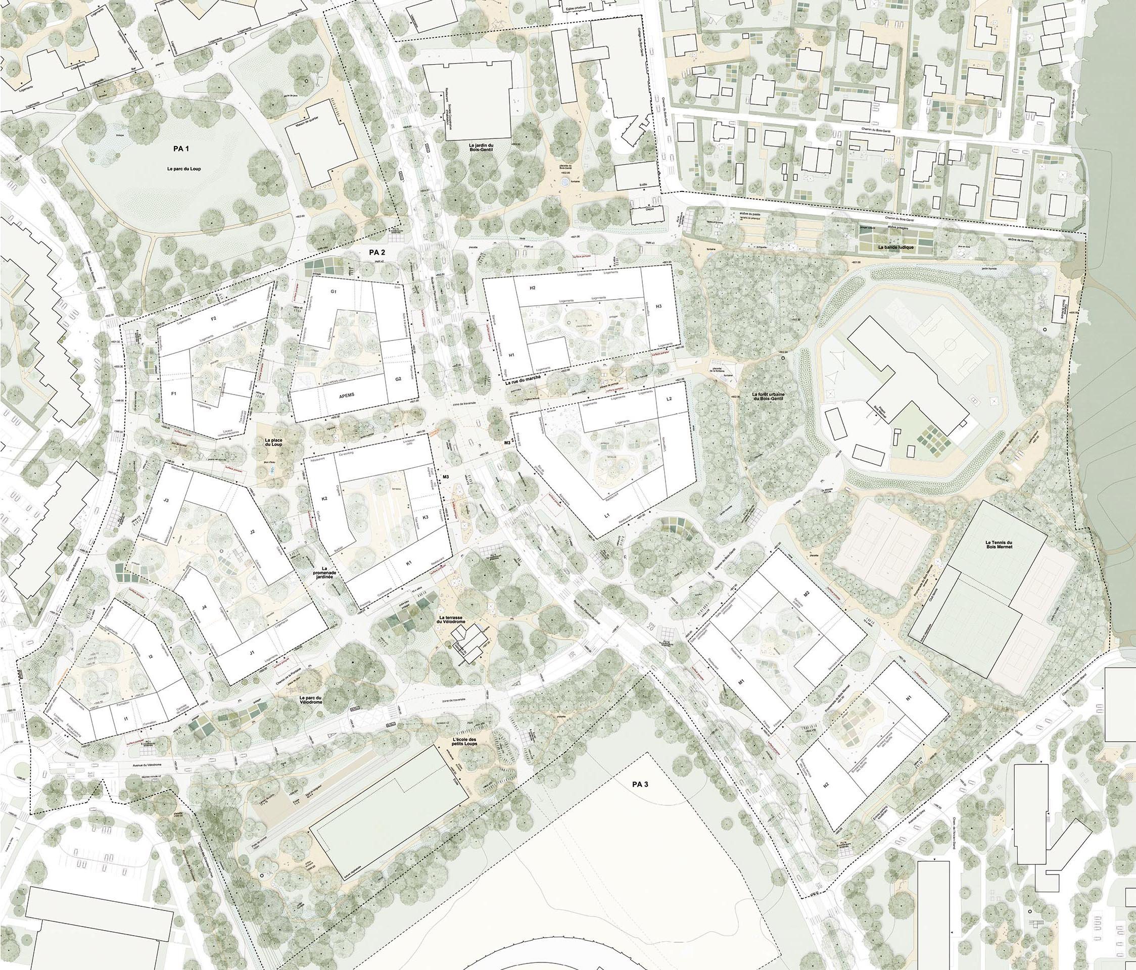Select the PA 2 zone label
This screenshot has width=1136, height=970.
click(376, 253)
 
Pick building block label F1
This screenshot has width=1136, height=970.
click(174, 394)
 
